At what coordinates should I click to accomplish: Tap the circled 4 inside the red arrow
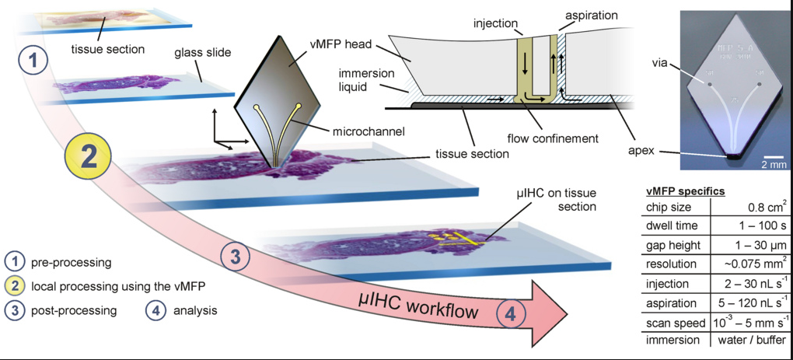point(509,313)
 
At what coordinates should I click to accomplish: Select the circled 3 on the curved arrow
point(236,255)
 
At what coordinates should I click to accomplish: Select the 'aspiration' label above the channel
point(590,15)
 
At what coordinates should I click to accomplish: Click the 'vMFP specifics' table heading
point(686,190)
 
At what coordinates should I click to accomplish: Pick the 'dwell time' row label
point(672,225)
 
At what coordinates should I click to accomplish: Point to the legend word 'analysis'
point(195,310)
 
